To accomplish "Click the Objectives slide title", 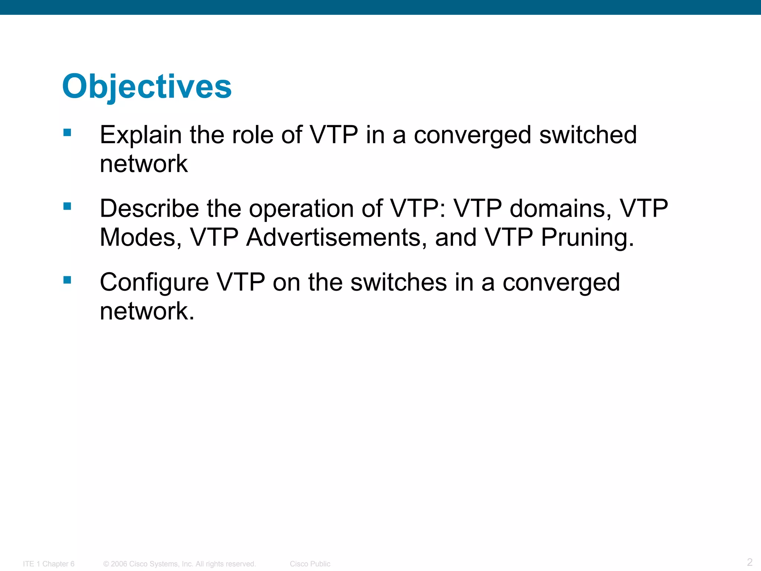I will (x=147, y=87).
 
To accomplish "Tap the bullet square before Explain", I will (x=67, y=133).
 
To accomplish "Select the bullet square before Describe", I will (x=67, y=206).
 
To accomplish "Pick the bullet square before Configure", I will (x=67, y=280).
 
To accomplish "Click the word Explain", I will (x=140, y=135).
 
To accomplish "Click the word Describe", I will (x=149, y=208).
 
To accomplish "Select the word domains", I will (x=560, y=208).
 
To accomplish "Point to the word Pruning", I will (x=587, y=238).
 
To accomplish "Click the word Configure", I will (x=154, y=283).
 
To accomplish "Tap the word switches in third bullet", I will (x=398, y=282).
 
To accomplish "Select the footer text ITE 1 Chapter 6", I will (x=49, y=564).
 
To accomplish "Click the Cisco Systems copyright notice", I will (x=179, y=564).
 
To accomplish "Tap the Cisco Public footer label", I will (x=310, y=564).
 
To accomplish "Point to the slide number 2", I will (x=749, y=562).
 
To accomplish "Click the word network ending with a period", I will (x=147, y=311).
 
